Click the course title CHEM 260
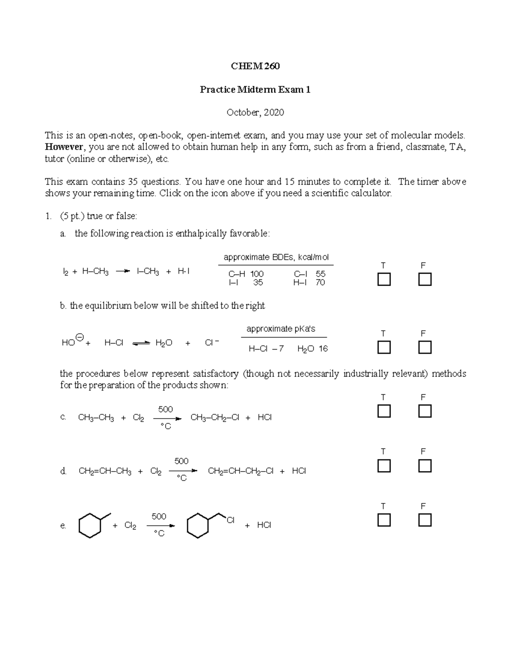point(255,66)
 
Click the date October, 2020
point(255,113)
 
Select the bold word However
point(64,147)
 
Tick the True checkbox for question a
point(384,280)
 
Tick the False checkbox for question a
point(425,280)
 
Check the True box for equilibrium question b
point(384,347)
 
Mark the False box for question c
point(425,411)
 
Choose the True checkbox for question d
point(384,465)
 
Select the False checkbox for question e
point(425,520)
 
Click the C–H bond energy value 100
point(257,274)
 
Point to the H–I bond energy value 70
point(320,283)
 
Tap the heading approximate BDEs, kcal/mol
point(276,257)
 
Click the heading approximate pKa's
point(281,329)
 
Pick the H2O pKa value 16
point(323,349)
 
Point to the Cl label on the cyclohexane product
point(230,520)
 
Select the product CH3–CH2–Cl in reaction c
point(215,418)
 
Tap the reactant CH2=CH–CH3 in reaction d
point(105,471)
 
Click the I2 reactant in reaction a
point(65,272)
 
